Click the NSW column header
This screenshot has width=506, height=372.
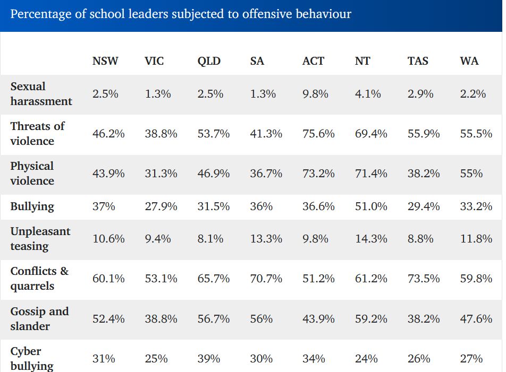point(105,61)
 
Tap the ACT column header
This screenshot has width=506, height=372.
point(313,61)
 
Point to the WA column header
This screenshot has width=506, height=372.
point(469,61)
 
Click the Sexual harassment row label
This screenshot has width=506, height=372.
point(41,94)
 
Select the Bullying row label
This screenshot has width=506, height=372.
point(32,206)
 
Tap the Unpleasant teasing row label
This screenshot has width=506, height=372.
point(40,239)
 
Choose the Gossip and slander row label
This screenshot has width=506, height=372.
point(39,318)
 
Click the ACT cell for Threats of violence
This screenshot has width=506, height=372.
point(318,134)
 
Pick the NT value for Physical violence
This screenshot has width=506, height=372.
point(371,174)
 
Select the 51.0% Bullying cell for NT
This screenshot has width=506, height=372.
point(371,206)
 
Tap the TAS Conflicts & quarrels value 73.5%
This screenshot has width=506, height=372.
point(424,279)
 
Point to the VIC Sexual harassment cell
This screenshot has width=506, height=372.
point(158,94)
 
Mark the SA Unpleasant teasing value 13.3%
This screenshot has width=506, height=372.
point(266,239)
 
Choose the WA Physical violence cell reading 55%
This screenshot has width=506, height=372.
point(471,174)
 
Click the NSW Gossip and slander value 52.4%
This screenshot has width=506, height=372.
point(108,318)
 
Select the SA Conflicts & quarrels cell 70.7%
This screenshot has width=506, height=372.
point(266,279)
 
